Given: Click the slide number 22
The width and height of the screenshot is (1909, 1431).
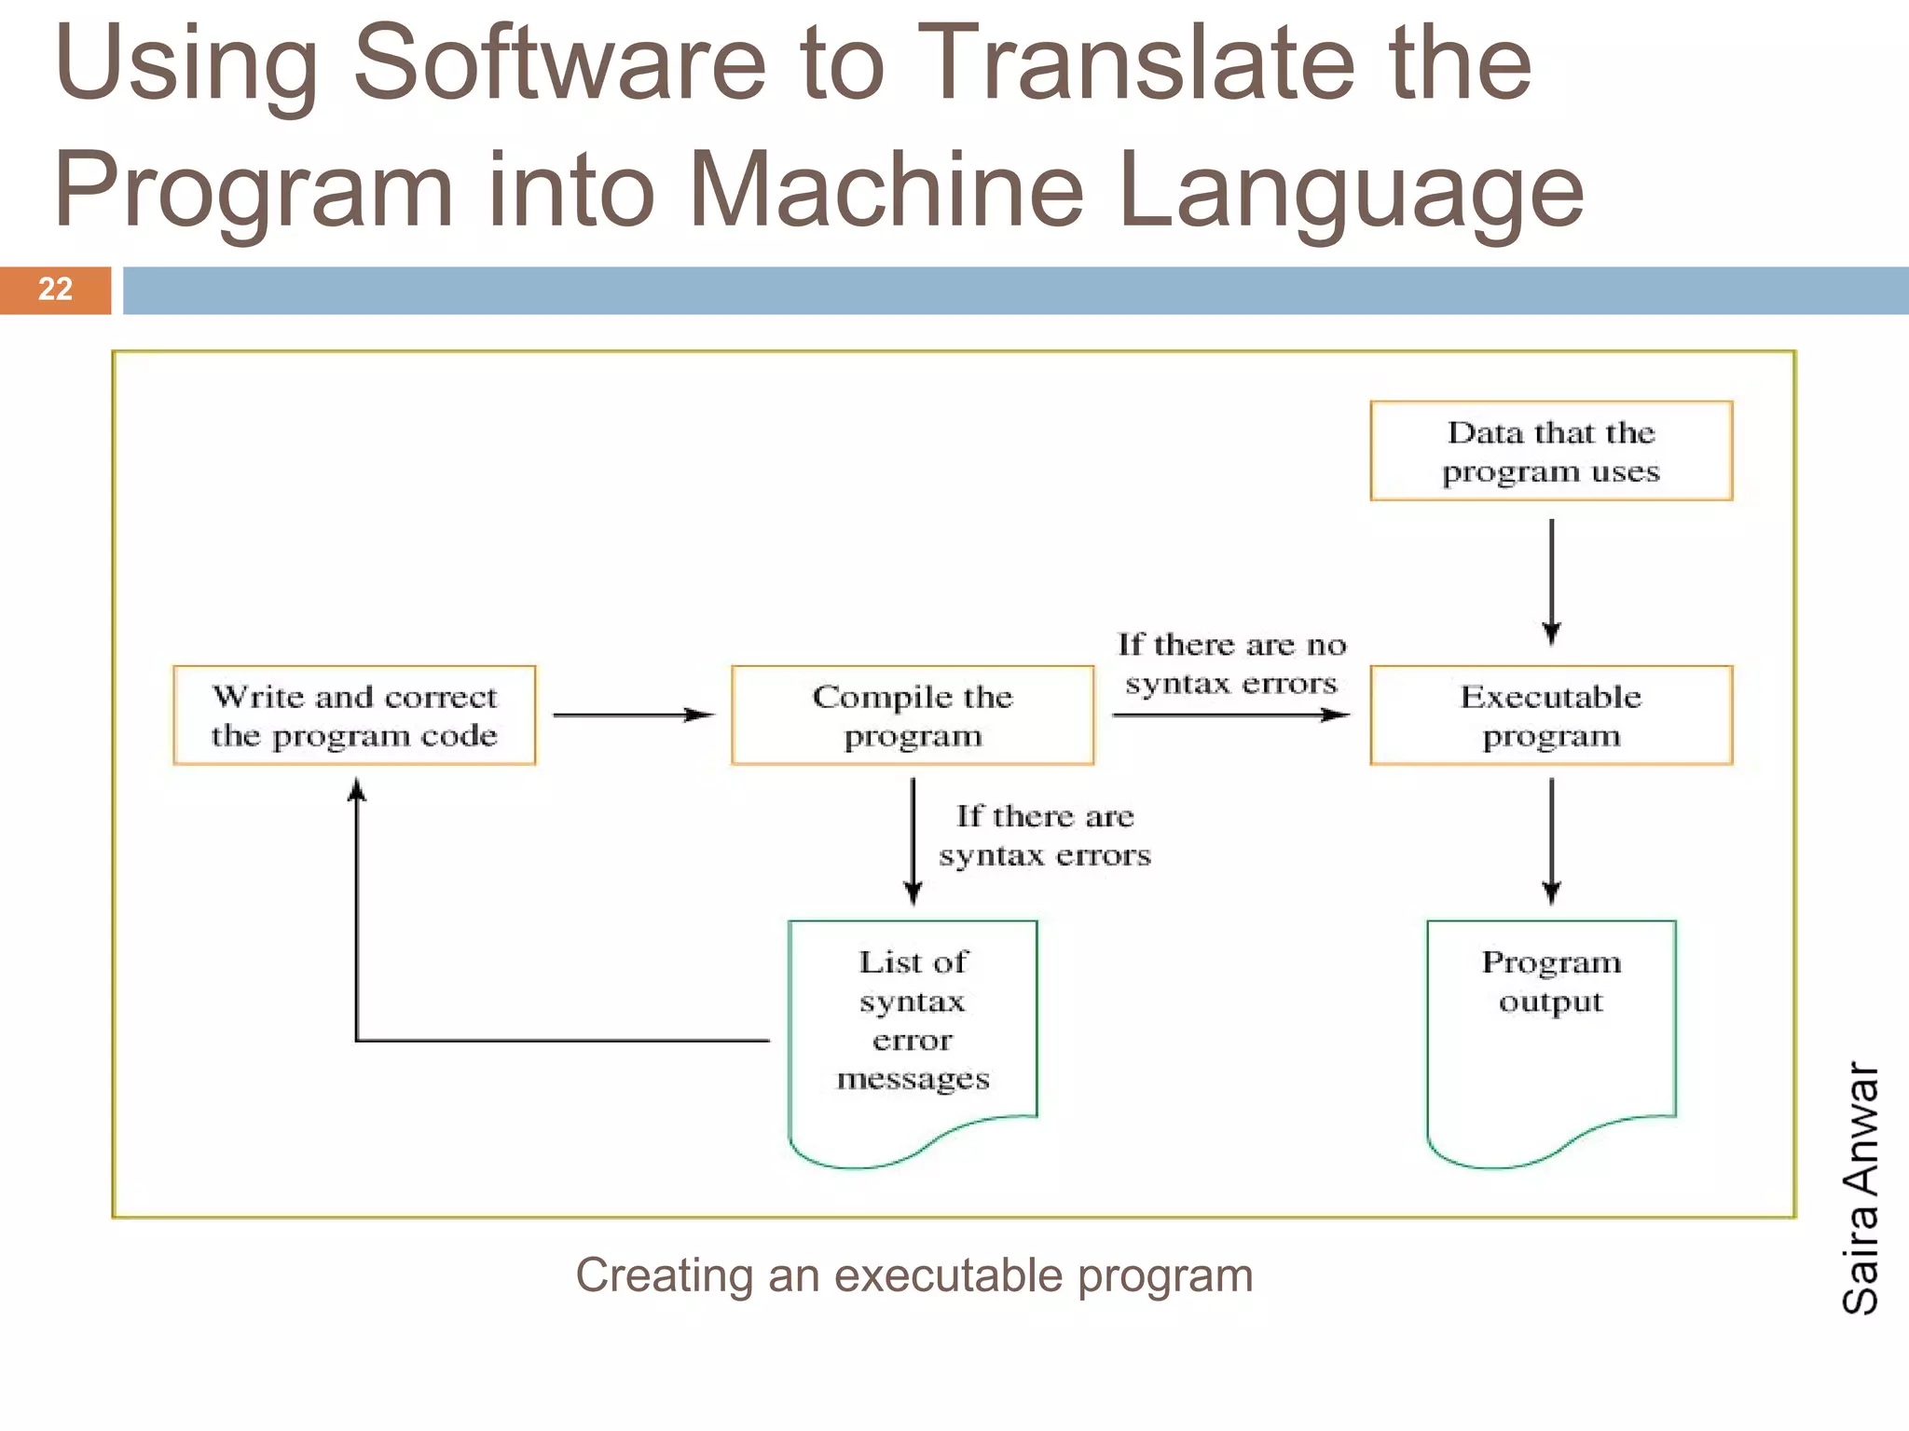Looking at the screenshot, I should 55,289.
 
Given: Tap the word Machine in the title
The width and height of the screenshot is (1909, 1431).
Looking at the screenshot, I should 886,190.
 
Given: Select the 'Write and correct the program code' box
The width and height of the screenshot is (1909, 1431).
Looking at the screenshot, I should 354,715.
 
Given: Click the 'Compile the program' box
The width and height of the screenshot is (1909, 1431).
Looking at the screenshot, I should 913,715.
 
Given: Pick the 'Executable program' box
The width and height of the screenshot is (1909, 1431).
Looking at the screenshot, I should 1551,715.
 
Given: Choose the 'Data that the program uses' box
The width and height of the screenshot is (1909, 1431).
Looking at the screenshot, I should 1551,451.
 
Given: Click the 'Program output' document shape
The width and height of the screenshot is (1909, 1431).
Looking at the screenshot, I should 1551,1034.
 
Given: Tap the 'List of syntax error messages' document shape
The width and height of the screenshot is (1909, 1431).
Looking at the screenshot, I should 913,1034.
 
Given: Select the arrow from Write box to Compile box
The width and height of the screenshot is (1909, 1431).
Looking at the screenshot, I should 634,715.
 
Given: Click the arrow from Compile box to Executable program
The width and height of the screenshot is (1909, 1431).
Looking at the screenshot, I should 1230,715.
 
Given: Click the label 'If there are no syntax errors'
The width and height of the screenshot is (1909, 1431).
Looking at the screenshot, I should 1231,663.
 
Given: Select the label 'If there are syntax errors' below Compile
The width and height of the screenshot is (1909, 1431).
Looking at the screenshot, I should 1045,835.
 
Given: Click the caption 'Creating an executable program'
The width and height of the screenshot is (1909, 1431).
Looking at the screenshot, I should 913,1274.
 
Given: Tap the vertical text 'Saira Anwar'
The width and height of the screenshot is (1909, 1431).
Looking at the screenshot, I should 1860,1188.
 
